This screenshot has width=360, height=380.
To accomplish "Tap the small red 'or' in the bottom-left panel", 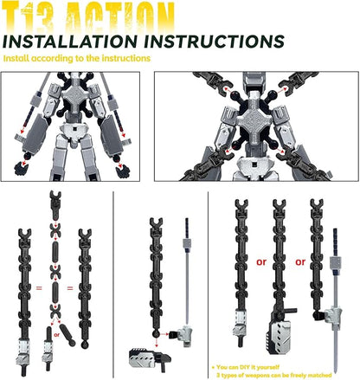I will click(x=57, y=331).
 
